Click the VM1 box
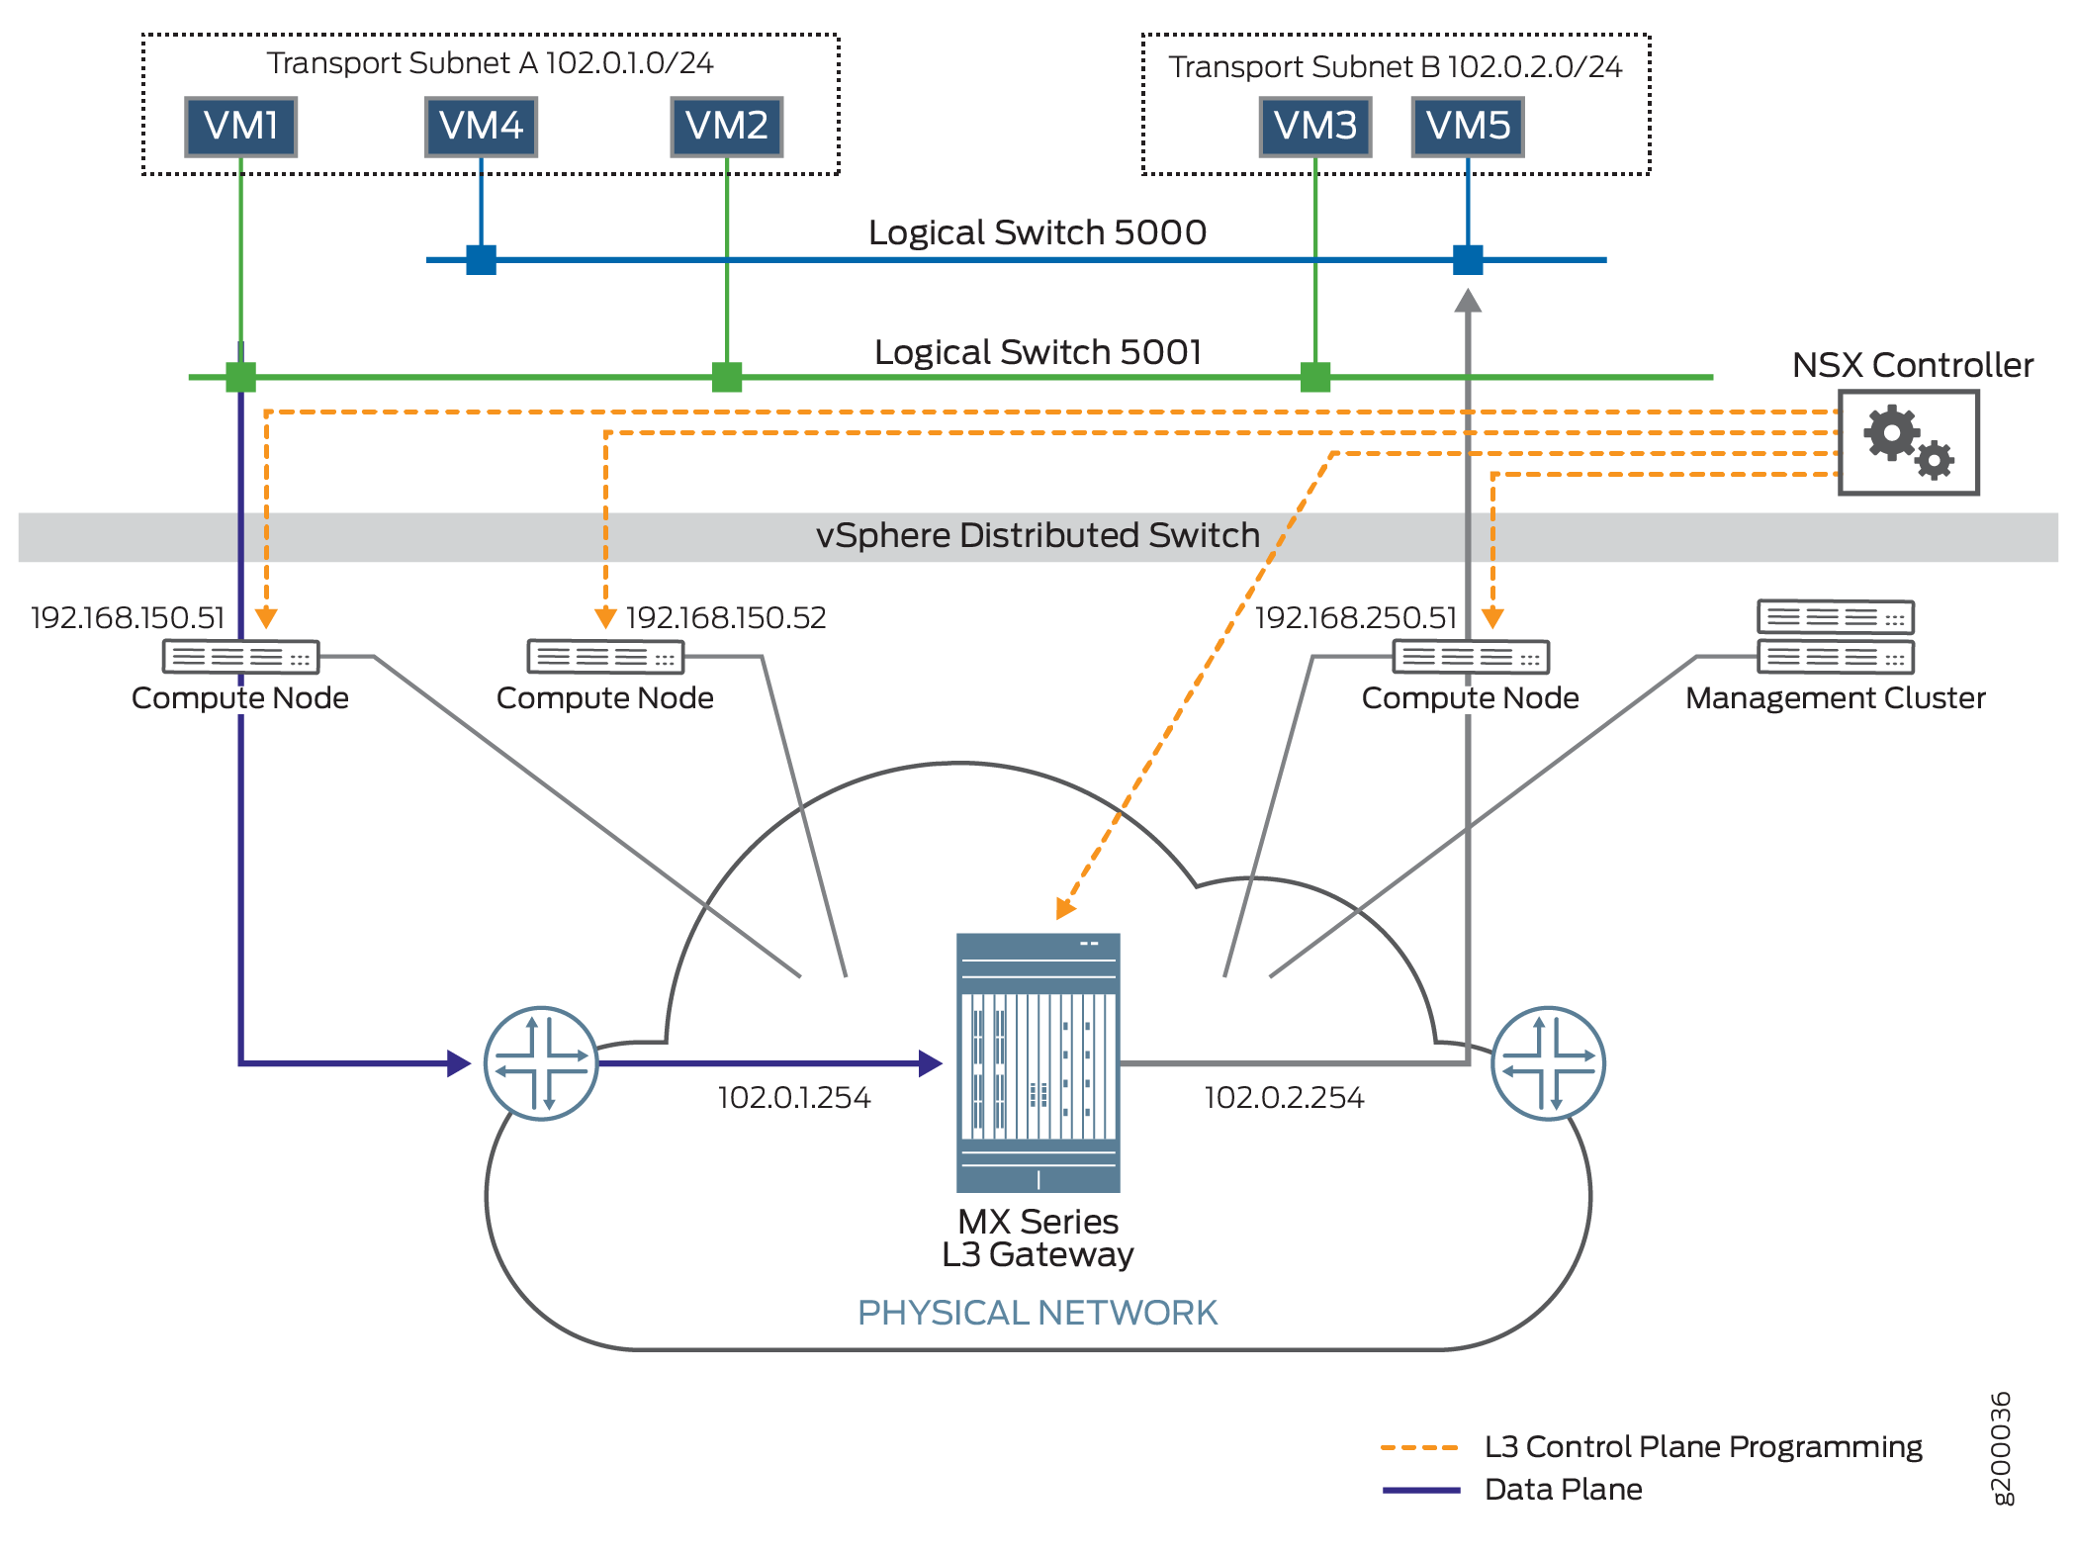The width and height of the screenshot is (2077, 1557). [241, 127]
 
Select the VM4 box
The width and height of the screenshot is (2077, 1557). [481, 127]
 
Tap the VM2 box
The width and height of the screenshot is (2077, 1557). [727, 127]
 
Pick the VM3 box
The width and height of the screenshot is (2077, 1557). [1315, 127]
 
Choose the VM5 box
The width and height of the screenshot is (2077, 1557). [1468, 127]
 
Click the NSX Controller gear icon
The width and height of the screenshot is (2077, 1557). [1908, 442]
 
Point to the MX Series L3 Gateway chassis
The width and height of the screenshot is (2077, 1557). [1038, 1062]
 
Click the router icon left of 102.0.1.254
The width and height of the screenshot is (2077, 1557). [541, 1063]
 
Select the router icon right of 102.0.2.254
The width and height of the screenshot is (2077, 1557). [1548, 1063]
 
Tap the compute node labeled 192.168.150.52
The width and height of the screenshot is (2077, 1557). [605, 656]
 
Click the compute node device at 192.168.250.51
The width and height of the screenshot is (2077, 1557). [1471, 656]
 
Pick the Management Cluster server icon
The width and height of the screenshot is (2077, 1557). [1836, 637]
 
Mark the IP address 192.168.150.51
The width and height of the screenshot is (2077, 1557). [128, 618]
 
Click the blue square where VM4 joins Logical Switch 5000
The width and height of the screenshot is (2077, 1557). [481, 260]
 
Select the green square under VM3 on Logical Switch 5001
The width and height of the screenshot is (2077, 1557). [1315, 377]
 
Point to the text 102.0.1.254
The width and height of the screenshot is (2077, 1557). [794, 1098]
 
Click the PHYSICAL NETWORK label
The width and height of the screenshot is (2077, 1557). [1038, 1313]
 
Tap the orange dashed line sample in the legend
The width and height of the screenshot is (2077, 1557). [1419, 1447]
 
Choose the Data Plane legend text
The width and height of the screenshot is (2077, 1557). [1563, 1490]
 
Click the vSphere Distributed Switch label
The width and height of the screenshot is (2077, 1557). [1038, 536]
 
